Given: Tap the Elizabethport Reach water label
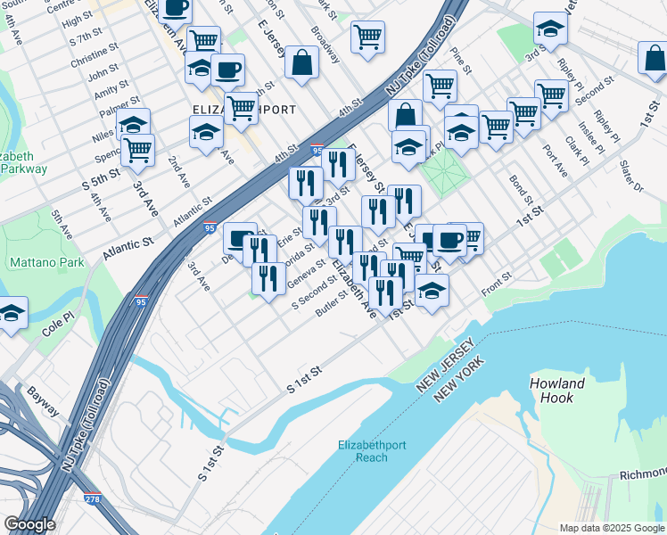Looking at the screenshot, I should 363,451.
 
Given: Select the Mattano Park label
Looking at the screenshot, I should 46,263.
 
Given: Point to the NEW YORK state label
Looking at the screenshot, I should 458,379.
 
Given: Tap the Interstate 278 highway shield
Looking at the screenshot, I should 93,500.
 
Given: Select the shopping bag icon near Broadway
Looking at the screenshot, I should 302,62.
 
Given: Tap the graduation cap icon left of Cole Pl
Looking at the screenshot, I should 12,313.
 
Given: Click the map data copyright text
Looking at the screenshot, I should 611,528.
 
